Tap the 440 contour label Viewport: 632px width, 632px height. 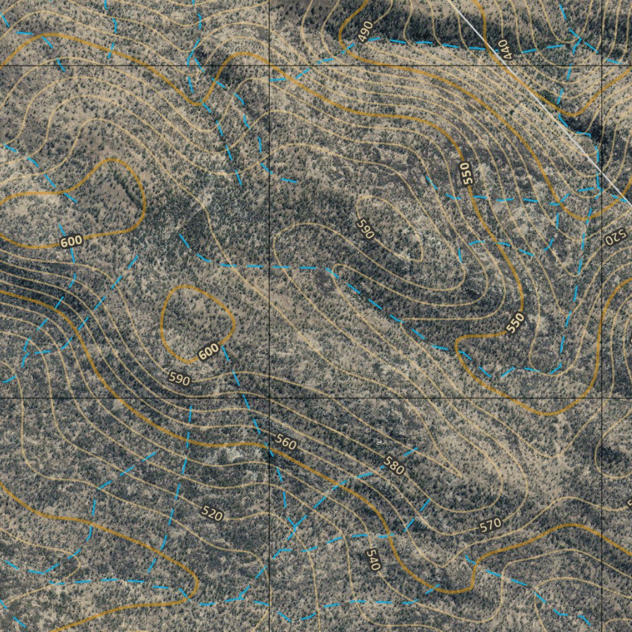(x=505, y=49)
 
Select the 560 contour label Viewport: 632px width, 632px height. (x=285, y=443)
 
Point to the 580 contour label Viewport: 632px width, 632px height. (x=394, y=465)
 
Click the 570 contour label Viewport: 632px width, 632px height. (x=490, y=525)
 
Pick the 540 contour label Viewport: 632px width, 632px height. (x=372, y=559)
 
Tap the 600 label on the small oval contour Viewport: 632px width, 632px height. (x=209, y=352)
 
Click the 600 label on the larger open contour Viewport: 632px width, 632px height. (x=71, y=241)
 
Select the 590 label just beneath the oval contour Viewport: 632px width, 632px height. (x=179, y=379)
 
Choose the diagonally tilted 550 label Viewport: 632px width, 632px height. (x=515, y=323)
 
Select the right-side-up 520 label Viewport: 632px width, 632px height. (x=212, y=513)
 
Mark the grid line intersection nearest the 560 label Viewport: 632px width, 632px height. (x=270, y=398)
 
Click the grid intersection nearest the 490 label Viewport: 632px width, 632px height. (x=270, y=64)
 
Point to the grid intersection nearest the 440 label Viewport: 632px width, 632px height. (x=602, y=64)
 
